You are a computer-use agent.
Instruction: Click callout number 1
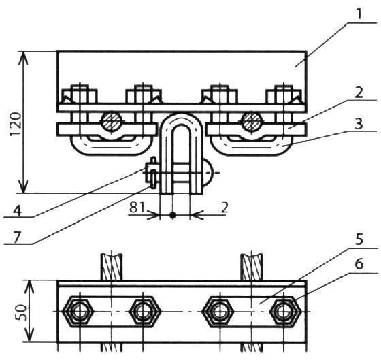point(359,14)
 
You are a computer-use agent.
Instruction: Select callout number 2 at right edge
point(359,93)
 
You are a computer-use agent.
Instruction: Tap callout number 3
point(359,124)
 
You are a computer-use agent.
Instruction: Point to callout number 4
point(17,210)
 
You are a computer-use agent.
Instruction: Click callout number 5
point(359,239)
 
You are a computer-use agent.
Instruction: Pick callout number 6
point(359,264)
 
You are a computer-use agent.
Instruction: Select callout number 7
point(16,237)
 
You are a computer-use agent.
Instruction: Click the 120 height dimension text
point(16,125)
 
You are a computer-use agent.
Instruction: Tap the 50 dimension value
point(21,312)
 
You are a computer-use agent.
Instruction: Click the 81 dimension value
point(137,208)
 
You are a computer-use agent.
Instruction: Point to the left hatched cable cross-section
point(112,121)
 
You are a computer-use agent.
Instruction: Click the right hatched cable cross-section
point(252,121)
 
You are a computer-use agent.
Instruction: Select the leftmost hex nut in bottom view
point(78,312)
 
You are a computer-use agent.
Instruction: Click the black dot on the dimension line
point(173,215)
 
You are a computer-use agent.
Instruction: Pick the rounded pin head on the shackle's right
point(208,173)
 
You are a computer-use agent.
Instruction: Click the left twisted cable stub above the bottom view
point(112,267)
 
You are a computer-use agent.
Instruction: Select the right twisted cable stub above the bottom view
point(252,267)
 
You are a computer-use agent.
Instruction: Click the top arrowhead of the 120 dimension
point(24,58)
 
